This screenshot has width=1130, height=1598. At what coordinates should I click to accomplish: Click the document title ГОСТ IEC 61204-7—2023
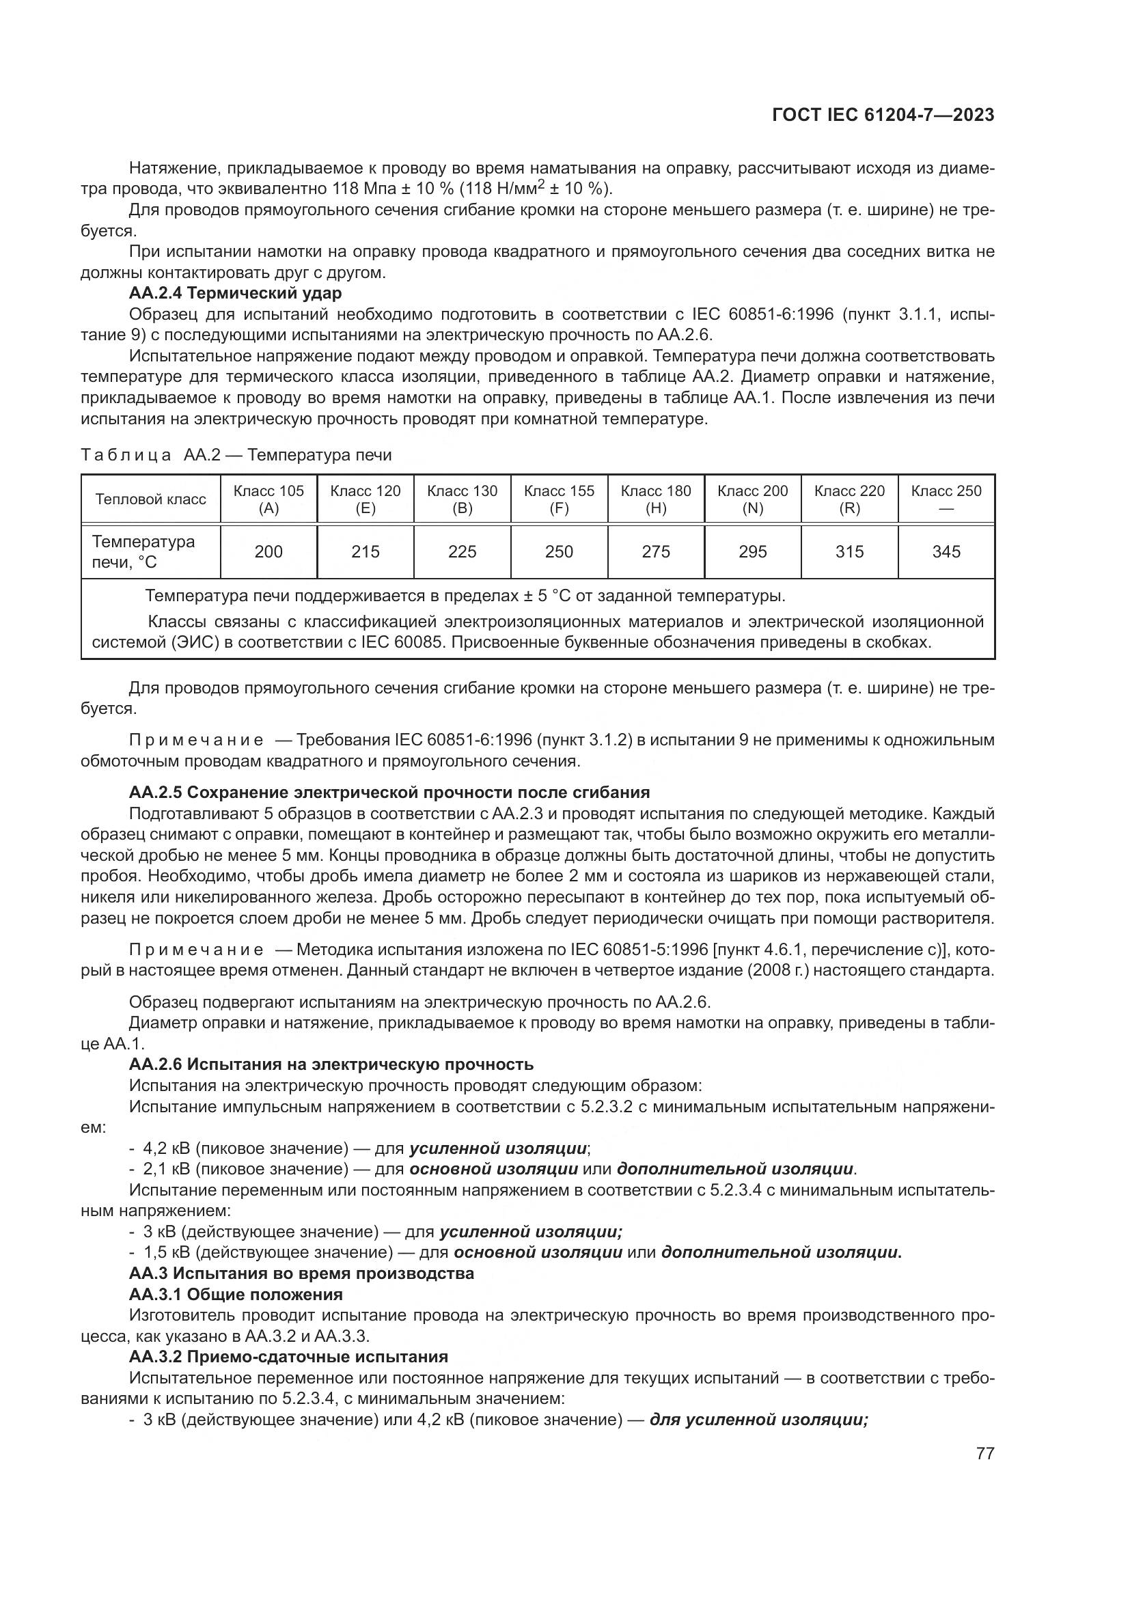tap(882, 115)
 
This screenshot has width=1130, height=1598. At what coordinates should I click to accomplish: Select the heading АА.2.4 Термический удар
tap(235, 293)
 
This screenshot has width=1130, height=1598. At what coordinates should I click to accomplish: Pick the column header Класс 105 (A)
tap(268, 499)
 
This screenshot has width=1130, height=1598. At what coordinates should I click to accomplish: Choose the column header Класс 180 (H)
tap(655, 499)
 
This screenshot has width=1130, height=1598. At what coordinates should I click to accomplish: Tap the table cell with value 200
tap(268, 552)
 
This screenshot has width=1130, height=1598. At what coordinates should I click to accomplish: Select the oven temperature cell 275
tap(655, 552)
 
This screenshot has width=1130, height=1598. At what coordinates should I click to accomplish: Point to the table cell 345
tap(946, 552)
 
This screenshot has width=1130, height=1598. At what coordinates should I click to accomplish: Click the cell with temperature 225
tap(462, 552)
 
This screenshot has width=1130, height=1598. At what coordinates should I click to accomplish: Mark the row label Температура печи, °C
tap(143, 552)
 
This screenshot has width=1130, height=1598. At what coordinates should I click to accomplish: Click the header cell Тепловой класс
tap(150, 499)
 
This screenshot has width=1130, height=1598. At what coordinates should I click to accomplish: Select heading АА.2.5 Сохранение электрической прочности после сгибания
tap(389, 792)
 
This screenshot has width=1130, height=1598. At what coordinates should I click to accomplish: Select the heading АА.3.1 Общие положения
tap(236, 1295)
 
